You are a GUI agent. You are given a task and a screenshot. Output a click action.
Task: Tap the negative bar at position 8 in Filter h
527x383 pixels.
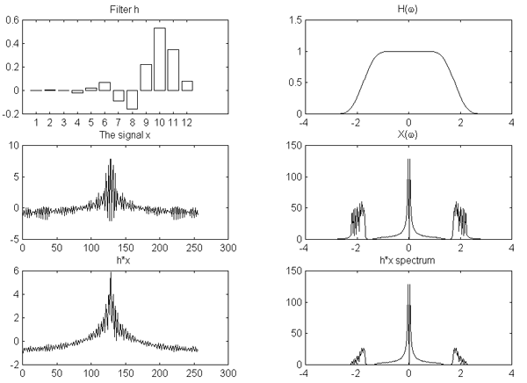[133, 98]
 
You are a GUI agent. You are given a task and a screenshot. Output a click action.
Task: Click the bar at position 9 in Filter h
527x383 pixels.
[146, 77]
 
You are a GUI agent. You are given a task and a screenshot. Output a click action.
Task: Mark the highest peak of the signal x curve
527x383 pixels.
[111, 160]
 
